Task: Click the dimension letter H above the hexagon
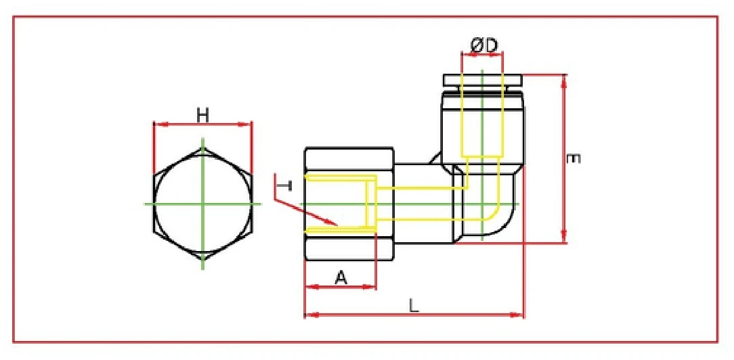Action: [202, 115]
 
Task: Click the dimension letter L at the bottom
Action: [414, 305]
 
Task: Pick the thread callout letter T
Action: [286, 185]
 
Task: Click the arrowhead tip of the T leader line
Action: [336, 224]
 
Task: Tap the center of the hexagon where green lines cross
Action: [202, 203]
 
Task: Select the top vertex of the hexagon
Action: [202, 147]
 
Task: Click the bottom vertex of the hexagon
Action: [202, 260]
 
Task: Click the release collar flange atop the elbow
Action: [482, 81]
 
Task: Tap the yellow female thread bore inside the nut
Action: [339, 204]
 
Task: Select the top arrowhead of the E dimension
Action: [563, 78]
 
